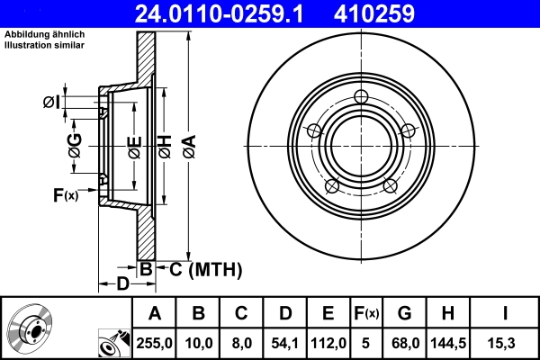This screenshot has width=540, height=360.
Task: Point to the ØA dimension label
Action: click(x=188, y=146)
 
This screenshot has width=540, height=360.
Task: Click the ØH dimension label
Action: click(x=165, y=146)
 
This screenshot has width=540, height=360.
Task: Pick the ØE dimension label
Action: click(x=133, y=146)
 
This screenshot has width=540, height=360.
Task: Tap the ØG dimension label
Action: click(x=76, y=146)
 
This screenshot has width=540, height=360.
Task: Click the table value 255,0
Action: click(x=154, y=342)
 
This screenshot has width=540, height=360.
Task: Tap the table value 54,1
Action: click(x=284, y=342)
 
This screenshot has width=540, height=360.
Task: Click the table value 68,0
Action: click(x=404, y=342)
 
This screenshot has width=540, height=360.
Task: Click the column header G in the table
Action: click(x=404, y=313)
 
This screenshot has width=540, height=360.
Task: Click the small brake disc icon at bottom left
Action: click(x=28, y=328)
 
